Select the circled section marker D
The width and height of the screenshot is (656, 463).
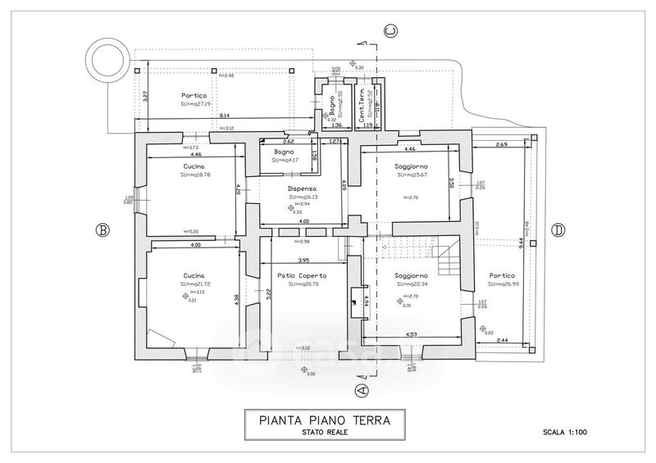[558, 230]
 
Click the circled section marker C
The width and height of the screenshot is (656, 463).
[392, 31]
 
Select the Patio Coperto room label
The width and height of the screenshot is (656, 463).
[302, 275]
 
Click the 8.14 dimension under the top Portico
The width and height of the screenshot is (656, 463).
[225, 116]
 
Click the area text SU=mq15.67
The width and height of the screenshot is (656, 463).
[411, 175]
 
